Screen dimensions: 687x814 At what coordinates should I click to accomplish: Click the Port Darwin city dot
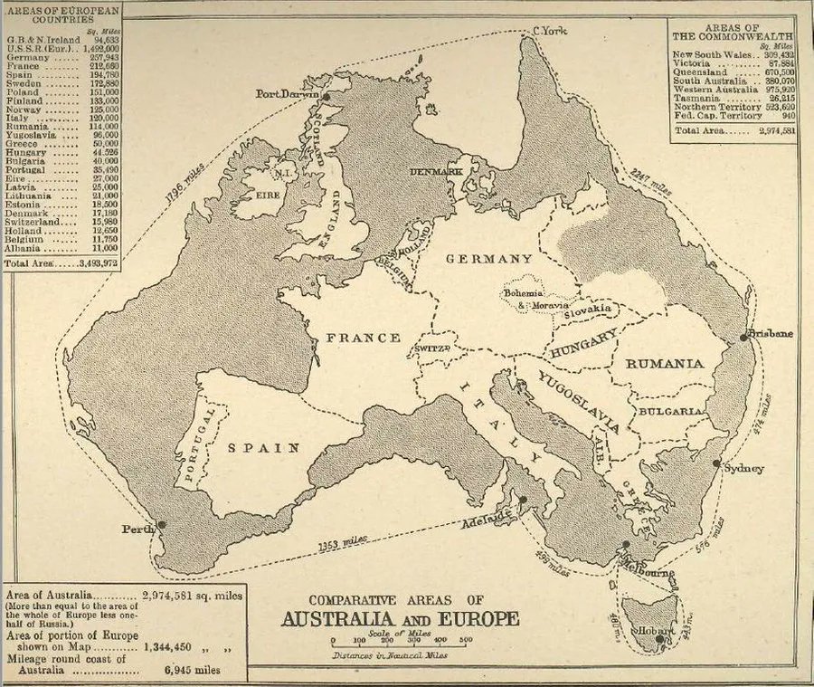pos(325,94)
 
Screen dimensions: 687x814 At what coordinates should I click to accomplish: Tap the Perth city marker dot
pos(162,524)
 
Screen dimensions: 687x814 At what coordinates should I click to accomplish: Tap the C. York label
pos(549,32)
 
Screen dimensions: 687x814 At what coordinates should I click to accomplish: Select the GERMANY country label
pos(489,258)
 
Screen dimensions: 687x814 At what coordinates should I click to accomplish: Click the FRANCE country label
pos(363,338)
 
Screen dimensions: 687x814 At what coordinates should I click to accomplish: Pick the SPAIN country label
pos(263,447)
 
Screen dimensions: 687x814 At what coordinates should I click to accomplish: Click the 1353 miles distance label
pos(342,543)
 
